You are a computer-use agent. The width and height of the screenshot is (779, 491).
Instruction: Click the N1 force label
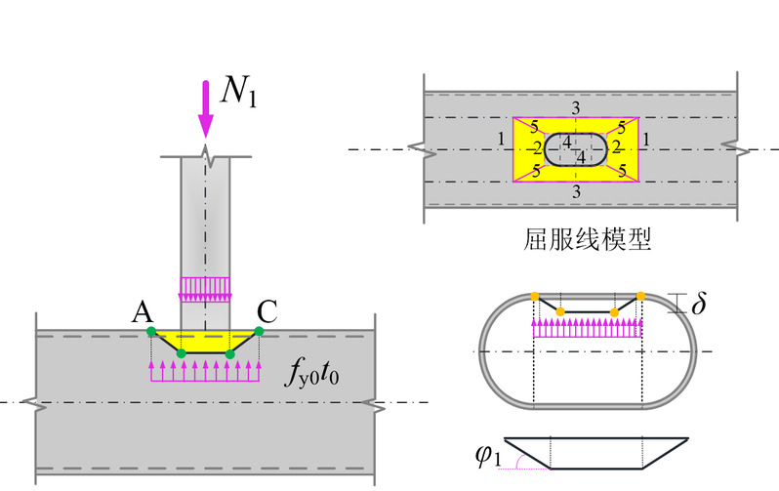pos(238,91)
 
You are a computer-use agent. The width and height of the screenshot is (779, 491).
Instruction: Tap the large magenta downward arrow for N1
pos(205,109)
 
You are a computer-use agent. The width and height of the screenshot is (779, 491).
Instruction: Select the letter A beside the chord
pos(142,311)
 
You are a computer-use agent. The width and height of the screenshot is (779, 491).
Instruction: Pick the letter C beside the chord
pos(268,311)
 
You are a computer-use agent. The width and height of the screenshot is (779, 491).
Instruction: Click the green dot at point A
pos(151,332)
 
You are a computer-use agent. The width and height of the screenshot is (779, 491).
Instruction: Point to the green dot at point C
pos(260,332)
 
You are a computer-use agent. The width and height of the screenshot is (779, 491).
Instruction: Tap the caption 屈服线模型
pos(579,239)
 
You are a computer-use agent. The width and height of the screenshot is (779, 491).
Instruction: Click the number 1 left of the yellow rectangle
pos(501,140)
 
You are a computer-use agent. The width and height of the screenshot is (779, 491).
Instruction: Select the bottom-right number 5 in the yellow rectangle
pos(622,170)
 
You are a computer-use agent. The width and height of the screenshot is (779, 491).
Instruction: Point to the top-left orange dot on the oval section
pos(535,295)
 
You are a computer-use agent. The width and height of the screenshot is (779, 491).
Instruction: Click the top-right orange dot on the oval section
pos(640,295)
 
